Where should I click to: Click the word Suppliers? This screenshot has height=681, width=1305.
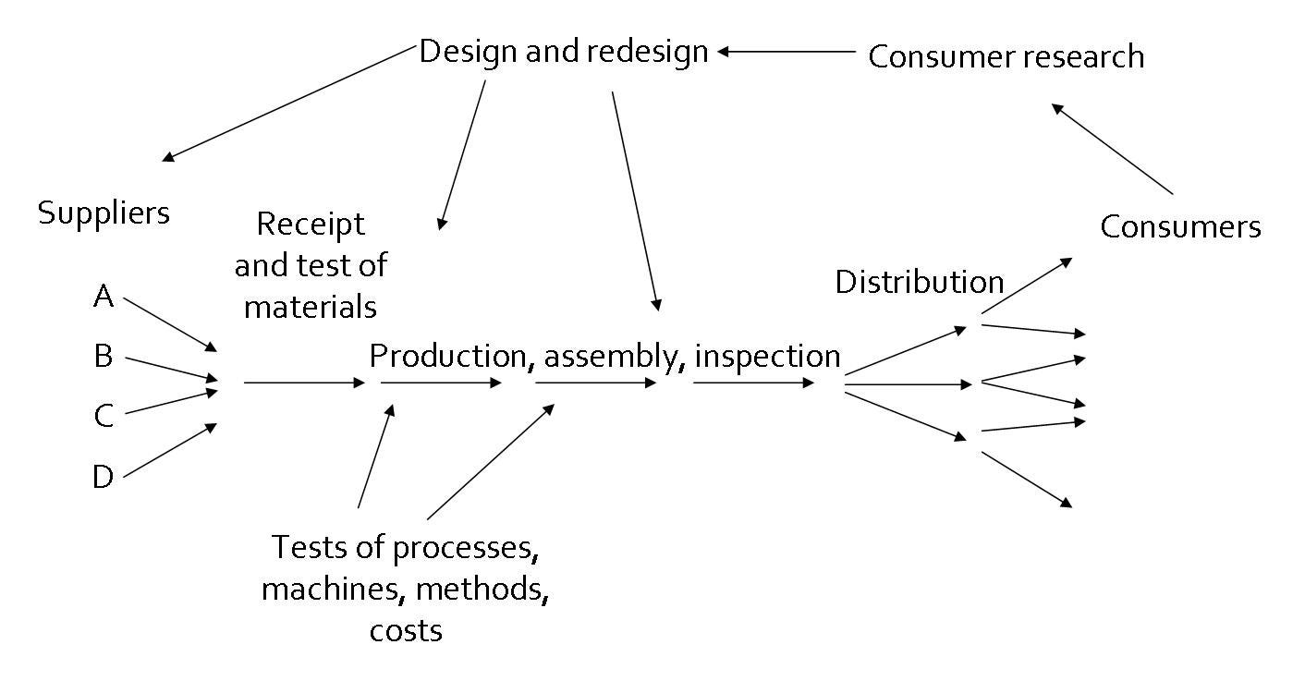[104, 213]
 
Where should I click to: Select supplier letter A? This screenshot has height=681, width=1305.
[104, 296]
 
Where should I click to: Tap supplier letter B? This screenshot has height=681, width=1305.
[104, 356]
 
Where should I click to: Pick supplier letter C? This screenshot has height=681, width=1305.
[104, 416]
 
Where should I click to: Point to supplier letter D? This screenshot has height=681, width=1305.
[104, 477]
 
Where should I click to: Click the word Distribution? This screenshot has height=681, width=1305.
[920, 282]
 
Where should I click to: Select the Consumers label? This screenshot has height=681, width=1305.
[1180, 226]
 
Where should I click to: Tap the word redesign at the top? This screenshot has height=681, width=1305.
[647, 53]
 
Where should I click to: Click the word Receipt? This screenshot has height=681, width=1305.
[311, 225]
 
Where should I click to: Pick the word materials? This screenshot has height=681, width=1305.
[310, 307]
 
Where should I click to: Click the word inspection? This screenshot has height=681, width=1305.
[767, 357]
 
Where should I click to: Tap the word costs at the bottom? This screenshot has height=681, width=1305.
[406, 631]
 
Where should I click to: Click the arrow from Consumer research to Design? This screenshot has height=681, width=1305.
[787, 52]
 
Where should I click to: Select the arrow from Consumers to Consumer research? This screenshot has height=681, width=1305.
[1112, 149]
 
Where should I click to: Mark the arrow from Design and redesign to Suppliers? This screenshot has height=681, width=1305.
[287, 103]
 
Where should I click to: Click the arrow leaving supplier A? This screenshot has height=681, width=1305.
[170, 325]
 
